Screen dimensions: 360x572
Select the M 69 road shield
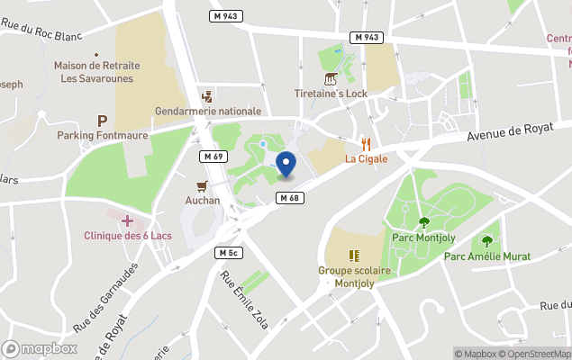click(211, 157)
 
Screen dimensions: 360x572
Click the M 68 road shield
click(288, 198)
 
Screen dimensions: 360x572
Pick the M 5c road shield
click(227, 253)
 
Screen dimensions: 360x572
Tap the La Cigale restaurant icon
click(366, 144)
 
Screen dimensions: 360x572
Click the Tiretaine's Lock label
click(331, 94)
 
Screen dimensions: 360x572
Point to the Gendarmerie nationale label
click(208, 111)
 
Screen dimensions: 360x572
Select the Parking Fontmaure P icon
click(102, 120)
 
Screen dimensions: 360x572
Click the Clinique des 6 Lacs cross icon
click(127, 220)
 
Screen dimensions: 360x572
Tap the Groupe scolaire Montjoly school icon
click(353, 255)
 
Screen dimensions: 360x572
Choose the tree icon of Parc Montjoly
click(422, 222)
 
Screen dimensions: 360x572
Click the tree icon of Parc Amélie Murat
click(487, 241)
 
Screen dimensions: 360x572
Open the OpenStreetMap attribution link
click(537, 354)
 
